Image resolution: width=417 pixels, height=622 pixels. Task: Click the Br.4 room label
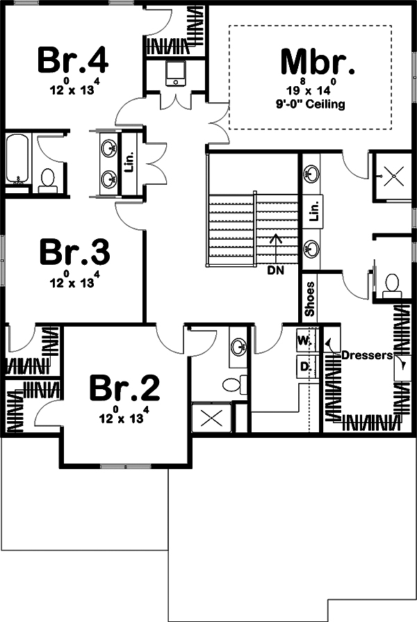point(72,60)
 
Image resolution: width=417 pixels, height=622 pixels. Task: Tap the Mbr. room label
point(318,61)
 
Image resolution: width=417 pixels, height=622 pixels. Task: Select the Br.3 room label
point(74,252)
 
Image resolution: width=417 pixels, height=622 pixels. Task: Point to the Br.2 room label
point(124,388)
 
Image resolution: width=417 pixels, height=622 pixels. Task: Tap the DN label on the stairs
point(275,271)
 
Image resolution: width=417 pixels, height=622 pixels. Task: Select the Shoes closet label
point(310,299)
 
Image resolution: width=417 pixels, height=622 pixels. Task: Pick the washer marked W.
point(304,341)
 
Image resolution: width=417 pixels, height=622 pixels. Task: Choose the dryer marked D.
point(304,366)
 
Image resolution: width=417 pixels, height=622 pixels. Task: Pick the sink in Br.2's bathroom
point(239,346)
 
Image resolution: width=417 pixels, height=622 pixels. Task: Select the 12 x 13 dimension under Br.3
point(74,282)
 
